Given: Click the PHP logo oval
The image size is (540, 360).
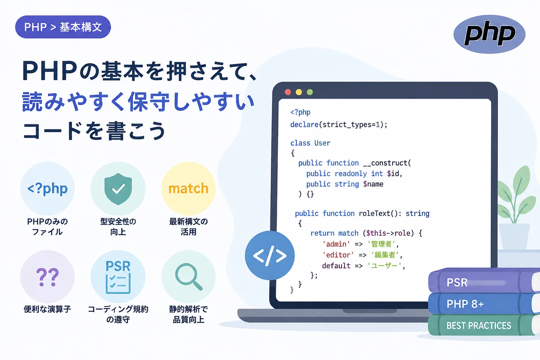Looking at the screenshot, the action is tap(489, 34).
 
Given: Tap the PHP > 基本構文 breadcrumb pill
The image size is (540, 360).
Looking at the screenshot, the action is tap(63, 27).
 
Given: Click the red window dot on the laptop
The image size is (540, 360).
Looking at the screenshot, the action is tap(288, 92).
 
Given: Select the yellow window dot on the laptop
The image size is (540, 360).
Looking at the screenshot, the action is tap(299, 92).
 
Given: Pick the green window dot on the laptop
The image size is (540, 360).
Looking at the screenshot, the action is tap(310, 92).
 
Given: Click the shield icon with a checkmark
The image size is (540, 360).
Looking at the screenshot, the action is tap(118, 189).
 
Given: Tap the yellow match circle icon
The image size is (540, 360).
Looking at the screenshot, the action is tap(188, 188).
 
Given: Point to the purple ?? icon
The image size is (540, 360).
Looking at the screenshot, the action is tap(47, 277).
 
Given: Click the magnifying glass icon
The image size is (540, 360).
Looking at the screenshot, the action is tap(188, 277).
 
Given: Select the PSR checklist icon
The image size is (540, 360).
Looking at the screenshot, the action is tap(118, 277).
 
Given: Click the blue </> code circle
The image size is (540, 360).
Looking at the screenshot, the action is tap(270, 255).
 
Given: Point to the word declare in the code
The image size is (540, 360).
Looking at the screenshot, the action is tap(304, 125).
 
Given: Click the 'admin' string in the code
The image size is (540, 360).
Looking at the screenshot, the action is tap(336, 244).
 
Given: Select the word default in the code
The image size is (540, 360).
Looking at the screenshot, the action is tap(336, 266).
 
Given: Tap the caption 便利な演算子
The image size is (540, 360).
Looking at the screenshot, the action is tap(47, 309).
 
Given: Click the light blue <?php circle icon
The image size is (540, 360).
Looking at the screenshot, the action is tap(47, 188).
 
